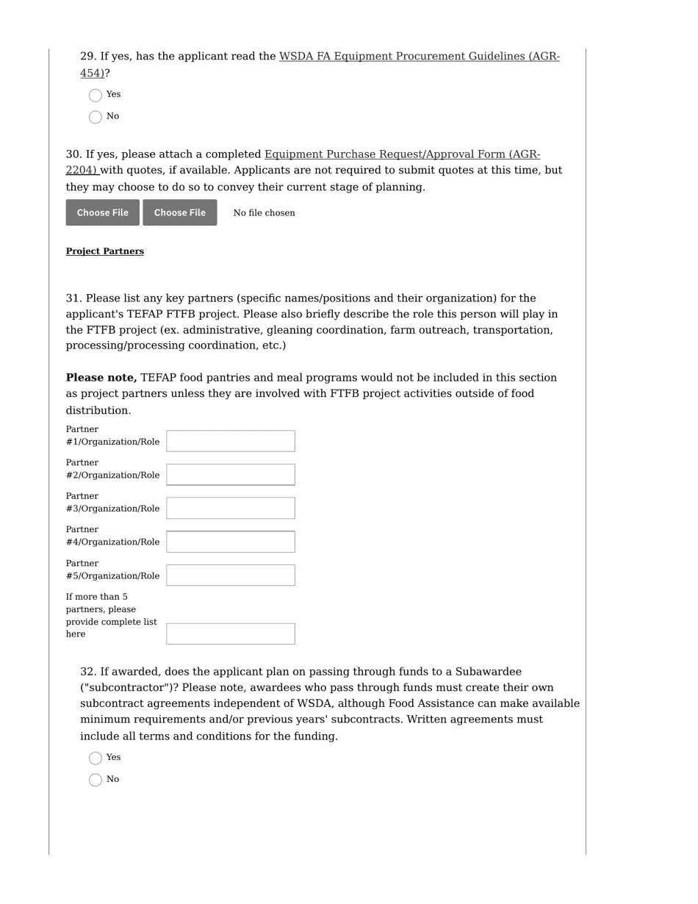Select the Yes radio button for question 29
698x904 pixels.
point(96,96)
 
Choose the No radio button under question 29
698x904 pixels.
point(96,117)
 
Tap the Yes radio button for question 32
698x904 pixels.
point(96,758)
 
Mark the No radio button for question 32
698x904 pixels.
point(96,780)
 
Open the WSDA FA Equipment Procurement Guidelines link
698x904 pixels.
point(419,57)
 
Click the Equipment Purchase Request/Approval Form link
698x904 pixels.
point(402,154)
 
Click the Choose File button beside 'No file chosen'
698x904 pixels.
point(180,212)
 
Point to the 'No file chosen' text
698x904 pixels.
point(264,213)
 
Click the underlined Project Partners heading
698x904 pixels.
point(105,251)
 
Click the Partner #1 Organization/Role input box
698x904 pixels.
point(230,441)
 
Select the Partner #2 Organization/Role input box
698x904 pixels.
point(230,475)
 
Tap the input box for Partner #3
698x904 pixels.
point(230,508)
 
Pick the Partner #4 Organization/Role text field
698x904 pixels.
point(230,542)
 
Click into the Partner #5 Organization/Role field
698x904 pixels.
point(230,575)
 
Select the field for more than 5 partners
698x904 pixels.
point(230,634)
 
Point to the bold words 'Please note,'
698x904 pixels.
point(101,378)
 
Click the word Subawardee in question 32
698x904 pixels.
point(488,672)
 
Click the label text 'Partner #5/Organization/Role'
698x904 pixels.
point(112,570)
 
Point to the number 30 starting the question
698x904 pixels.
point(73,154)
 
